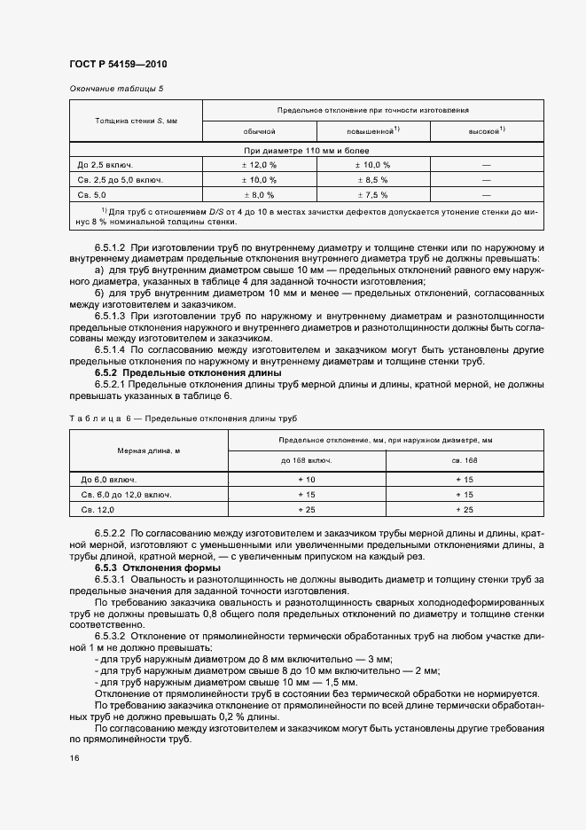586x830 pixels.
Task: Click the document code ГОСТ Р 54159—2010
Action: [118, 65]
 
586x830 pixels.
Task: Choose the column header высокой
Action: [486, 130]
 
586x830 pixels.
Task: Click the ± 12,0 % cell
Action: [259, 165]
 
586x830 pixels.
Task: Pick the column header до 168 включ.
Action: [307, 461]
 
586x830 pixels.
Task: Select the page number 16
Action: [74, 758]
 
